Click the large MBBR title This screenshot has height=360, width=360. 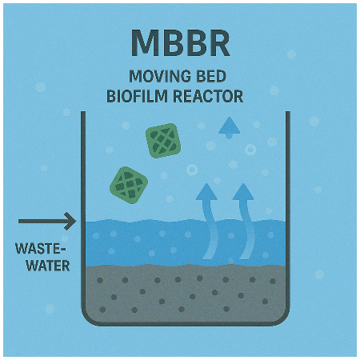181,43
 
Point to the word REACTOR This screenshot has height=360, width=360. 208,96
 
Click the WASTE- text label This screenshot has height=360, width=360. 40,249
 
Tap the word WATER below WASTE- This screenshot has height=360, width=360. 48,266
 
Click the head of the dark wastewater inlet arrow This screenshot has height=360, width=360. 70,221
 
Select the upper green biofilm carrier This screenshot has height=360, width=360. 163,141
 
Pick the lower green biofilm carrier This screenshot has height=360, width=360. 129,186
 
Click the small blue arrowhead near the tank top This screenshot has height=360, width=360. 230,127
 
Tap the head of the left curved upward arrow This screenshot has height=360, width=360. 206,192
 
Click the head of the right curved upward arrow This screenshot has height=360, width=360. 243,192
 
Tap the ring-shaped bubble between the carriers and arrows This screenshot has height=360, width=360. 192,170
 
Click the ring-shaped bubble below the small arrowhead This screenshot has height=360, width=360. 250,150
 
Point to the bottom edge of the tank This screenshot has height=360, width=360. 186,323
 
